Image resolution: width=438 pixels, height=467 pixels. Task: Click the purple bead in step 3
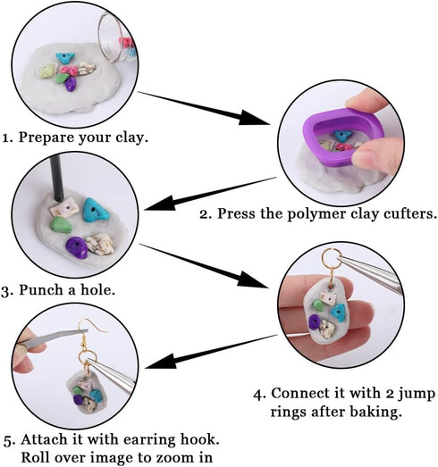(x=78, y=248)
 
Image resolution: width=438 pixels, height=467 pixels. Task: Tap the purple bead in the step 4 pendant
(x=315, y=319)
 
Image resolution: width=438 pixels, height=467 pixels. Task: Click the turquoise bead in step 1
(x=64, y=58)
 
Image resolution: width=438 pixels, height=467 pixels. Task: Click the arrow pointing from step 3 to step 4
(x=206, y=263)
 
